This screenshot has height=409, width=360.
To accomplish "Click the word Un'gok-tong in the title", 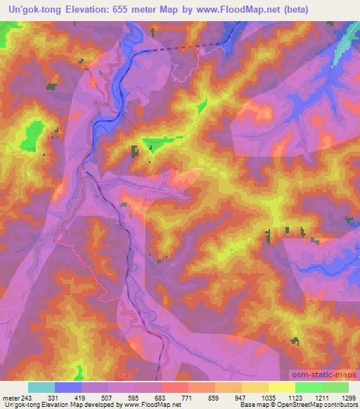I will point(34,9).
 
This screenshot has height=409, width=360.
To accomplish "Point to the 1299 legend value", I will point(347,397).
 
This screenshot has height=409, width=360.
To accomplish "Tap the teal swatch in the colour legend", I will point(41,387).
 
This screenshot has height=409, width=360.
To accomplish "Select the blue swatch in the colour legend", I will point(68,387).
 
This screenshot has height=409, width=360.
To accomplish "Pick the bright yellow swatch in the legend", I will point(281,387).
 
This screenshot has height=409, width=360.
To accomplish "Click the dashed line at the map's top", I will point(172,49).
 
